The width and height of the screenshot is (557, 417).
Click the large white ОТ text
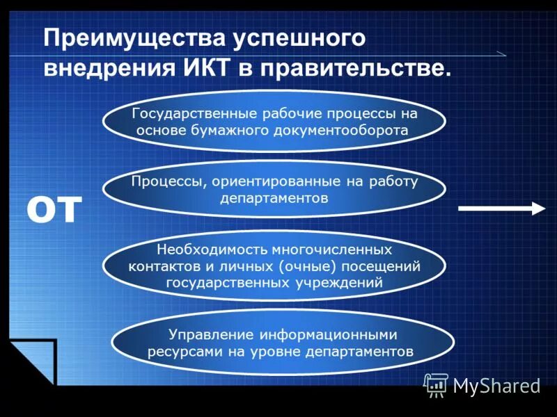[x=55, y=208]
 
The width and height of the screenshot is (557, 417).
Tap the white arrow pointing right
[x=501, y=208]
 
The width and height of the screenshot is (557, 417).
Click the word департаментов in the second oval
[x=274, y=198]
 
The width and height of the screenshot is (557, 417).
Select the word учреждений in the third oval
[x=341, y=282]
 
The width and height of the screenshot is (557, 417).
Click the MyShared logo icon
[x=437, y=384]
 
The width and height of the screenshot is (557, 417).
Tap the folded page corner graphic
[x=31, y=361]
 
